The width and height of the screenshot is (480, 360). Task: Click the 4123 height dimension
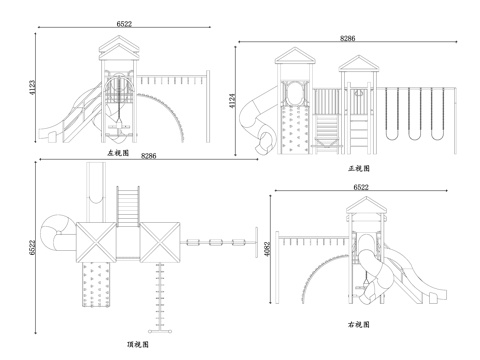(x=32, y=87)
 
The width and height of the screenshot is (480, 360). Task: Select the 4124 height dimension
(x=232, y=100)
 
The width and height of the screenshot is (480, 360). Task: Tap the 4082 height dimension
(x=267, y=249)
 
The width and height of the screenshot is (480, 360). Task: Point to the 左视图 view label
(x=118, y=153)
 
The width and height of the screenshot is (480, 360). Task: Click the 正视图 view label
(x=359, y=168)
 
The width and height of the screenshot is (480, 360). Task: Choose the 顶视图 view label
(x=138, y=344)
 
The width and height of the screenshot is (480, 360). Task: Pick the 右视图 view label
(x=359, y=324)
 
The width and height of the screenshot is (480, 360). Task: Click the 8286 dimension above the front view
(x=348, y=38)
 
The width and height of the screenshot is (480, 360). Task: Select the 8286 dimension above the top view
(x=149, y=156)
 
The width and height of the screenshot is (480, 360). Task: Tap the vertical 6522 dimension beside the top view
(x=32, y=247)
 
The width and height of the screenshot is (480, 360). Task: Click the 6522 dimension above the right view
(x=361, y=187)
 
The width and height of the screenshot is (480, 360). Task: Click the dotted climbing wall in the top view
(x=96, y=284)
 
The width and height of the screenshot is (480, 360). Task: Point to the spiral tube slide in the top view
(x=58, y=235)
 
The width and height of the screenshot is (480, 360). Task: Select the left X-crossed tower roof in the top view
(x=96, y=242)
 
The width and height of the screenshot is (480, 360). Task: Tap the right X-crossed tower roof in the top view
(x=160, y=242)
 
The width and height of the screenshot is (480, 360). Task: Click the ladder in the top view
(x=128, y=206)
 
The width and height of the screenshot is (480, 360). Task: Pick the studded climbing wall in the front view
(x=295, y=130)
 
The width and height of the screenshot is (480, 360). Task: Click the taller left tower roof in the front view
(x=295, y=55)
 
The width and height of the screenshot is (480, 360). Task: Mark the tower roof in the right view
(x=366, y=205)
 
